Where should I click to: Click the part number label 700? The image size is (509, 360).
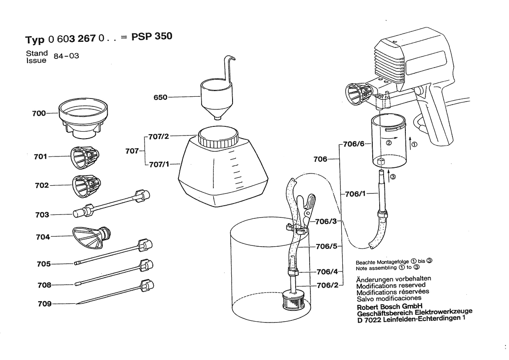pos(39,113)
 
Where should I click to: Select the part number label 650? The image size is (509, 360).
pos(161,98)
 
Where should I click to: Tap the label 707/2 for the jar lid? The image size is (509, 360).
pos(158,136)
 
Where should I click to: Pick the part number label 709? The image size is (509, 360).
pos(44,304)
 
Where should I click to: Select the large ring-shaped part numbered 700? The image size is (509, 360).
pos(83,114)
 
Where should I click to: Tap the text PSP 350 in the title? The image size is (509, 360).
pos(152,36)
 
